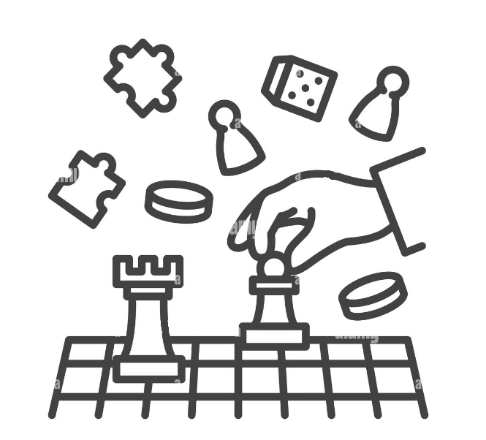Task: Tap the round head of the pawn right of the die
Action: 392,81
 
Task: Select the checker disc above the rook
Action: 178,200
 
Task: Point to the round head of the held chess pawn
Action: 273,268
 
